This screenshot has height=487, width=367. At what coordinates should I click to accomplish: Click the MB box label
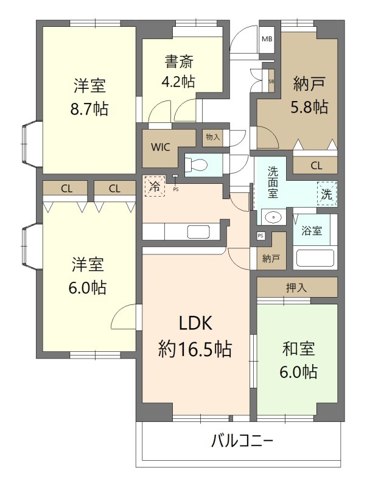click(267, 39)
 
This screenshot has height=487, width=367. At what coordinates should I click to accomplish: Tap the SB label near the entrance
click(271, 80)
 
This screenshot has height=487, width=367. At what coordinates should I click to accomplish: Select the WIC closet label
click(161, 147)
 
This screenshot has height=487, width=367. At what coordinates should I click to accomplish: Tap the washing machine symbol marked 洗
click(327, 195)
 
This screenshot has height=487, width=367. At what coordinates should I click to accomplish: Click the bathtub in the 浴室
click(315, 258)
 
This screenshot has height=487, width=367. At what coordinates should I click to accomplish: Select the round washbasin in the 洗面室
click(274, 217)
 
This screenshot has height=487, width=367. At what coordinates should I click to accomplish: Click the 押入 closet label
click(296, 287)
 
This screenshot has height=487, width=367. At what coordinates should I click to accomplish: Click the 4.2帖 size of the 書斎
click(179, 82)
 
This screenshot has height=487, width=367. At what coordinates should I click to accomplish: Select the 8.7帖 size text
click(89, 110)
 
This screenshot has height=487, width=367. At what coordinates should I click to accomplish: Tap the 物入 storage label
click(212, 138)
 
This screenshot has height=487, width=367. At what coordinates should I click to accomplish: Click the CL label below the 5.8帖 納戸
click(315, 165)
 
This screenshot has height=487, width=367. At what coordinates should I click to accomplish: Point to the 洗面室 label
click(273, 182)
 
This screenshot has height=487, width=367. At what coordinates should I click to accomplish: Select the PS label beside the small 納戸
click(260, 236)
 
